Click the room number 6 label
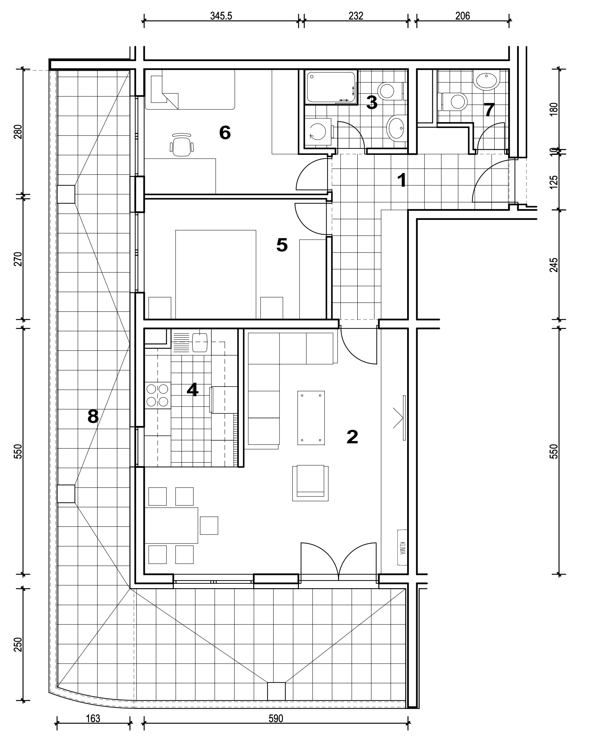pyautogui.click(x=225, y=133)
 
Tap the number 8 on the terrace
pyautogui.click(x=93, y=416)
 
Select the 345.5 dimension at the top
pyautogui.click(x=221, y=16)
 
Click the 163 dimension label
pyautogui.click(x=93, y=725)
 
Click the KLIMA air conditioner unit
pyautogui.click(x=402, y=547)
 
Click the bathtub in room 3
pyautogui.click(x=331, y=87)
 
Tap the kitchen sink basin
pyautogui.click(x=200, y=342)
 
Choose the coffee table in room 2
pyautogui.click(x=311, y=418)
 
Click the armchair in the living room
pyautogui.click(x=311, y=483)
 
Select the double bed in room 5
pyautogui.click(x=216, y=274)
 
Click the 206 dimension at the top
pyautogui.click(x=463, y=16)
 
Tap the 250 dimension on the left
pyautogui.click(x=19, y=645)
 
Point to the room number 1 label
pyautogui.click(x=402, y=181)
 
